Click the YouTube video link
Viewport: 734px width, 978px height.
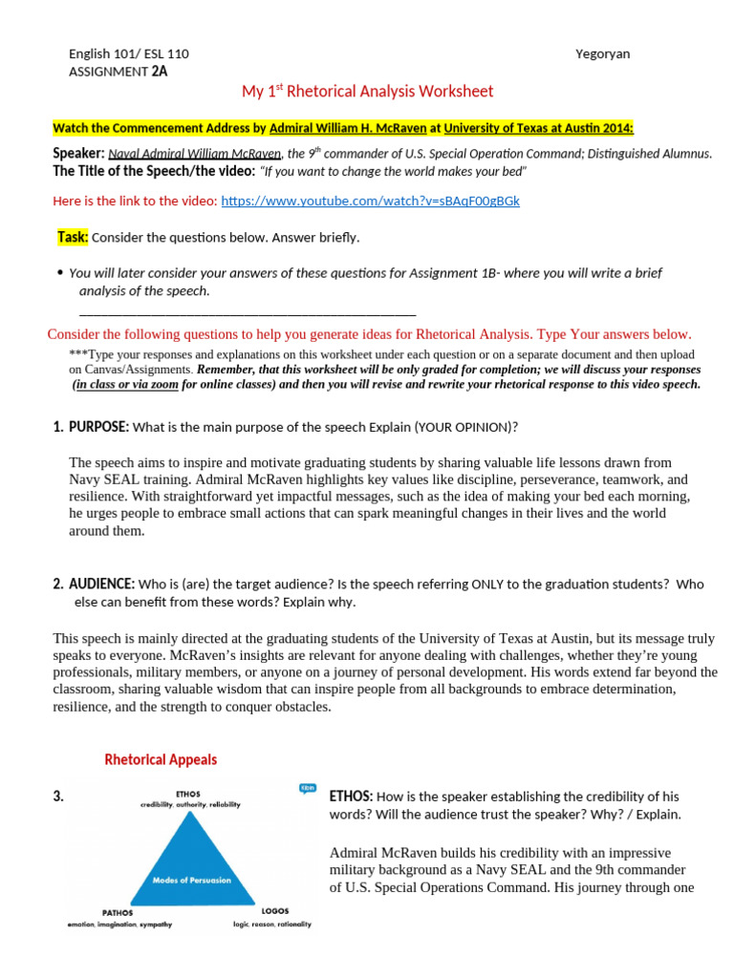pos(370,202)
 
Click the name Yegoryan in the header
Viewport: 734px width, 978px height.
pos(603,53)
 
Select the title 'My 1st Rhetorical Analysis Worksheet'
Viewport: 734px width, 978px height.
pos(367,92)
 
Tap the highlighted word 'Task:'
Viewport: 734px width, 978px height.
pos(73,237)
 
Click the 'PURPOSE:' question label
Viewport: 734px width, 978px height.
pos(98,426)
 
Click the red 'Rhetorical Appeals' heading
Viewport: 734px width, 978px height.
pos(161,760)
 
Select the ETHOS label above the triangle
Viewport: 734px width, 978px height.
pos(187,792)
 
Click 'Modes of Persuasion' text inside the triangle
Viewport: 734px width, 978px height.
pos(191,880)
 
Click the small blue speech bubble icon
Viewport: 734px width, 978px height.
pos(307,788)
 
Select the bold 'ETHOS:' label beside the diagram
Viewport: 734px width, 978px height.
pos(351,797)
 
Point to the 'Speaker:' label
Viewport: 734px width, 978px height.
pos(77,153)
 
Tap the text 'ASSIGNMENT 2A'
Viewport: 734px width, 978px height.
pos(119,71)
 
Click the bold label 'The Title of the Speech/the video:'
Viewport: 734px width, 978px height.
pos(154,171)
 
